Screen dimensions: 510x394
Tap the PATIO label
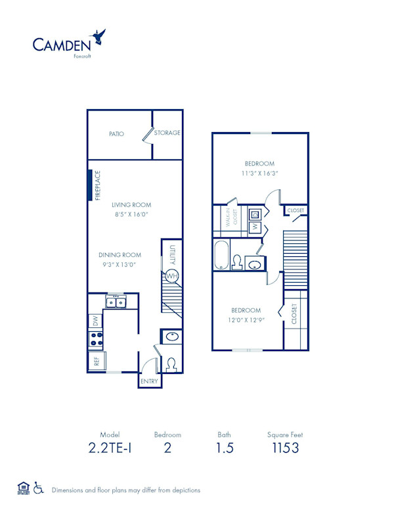click(x=117, y=133)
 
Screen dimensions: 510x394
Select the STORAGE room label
click(x=167, y=133)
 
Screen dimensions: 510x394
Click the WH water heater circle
click(x=171, y=276)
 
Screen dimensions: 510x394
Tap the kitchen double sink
click(x=117, y=302)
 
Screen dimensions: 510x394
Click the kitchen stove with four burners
click(x=97, y=340)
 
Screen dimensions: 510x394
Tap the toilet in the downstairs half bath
click(x=171, y=363)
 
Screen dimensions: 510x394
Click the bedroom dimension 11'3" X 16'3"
click(x=259, y=174)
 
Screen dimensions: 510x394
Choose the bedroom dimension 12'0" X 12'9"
click(x=245, y=320)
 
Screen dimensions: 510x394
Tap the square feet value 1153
click(x=285, y=448)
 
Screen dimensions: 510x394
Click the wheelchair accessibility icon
click(x=39, y=488)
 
